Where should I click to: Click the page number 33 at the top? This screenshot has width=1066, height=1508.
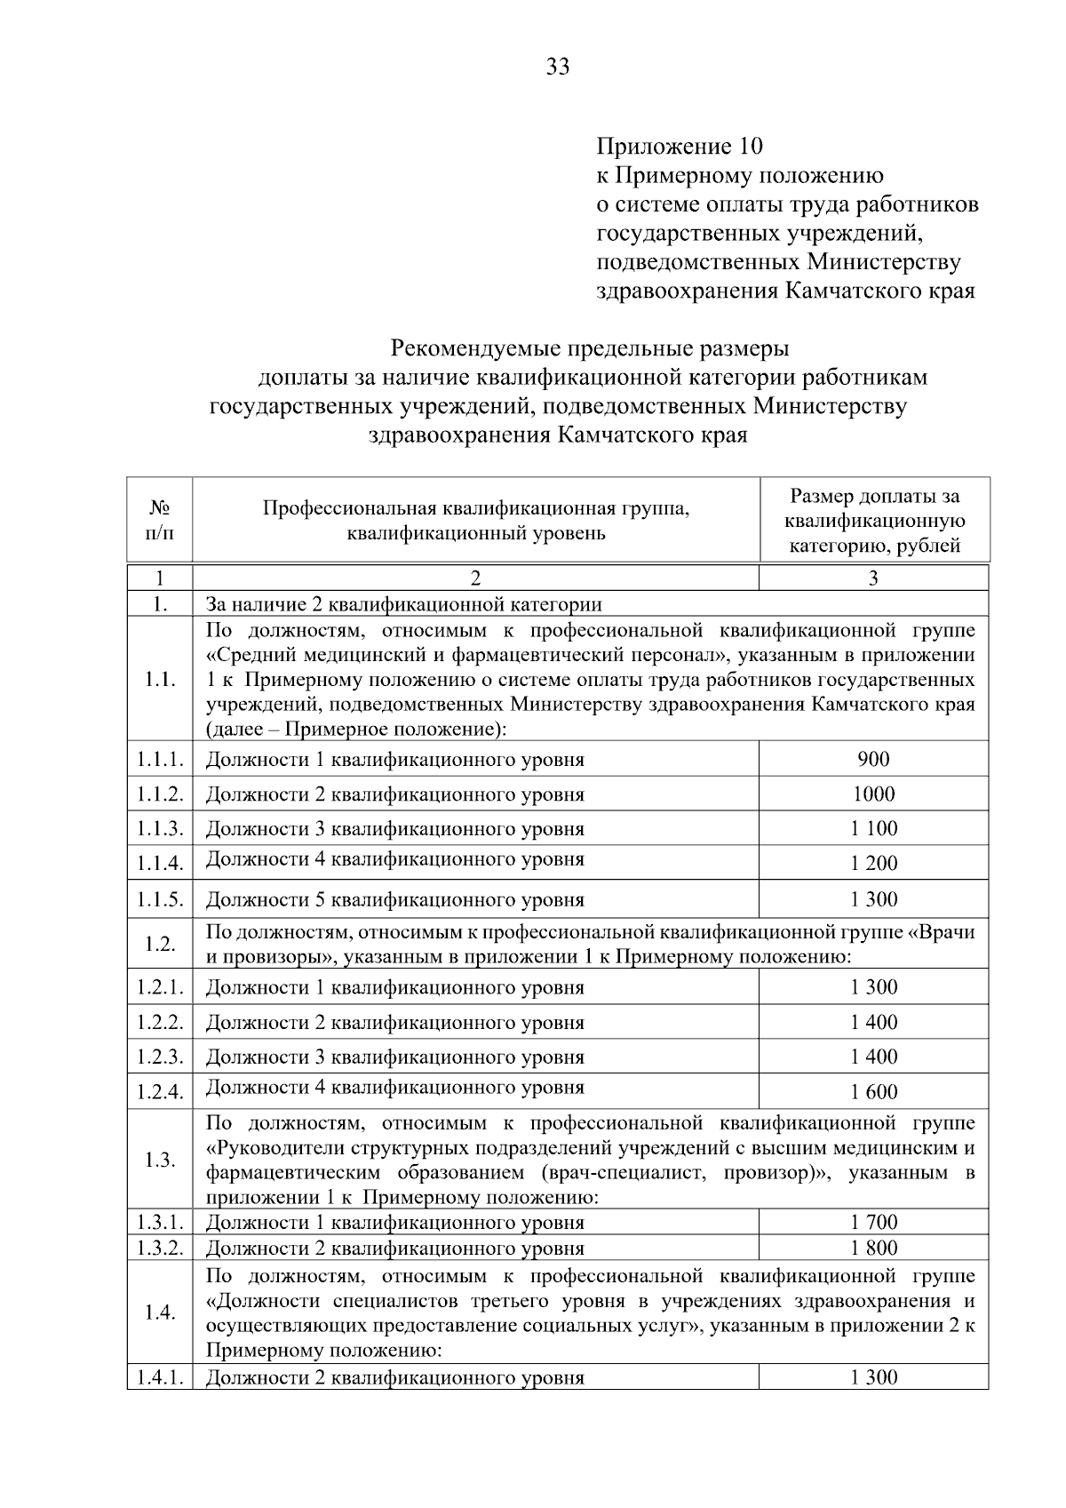pos(558,67)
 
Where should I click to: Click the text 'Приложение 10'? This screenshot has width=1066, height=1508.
pos(679,146)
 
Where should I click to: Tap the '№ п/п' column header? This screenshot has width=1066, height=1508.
pos(160,520)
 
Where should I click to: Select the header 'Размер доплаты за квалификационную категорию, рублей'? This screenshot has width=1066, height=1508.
pos(875,521)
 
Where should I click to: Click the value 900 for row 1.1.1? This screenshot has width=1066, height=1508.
pos(873,759)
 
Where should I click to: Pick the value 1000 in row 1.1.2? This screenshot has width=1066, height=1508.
pos(873,794)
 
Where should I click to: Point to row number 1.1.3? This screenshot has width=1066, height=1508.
pos(160,828)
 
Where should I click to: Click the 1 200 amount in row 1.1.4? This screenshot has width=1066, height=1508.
pos(873,863)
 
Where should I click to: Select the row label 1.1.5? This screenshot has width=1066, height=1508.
pos(160,899)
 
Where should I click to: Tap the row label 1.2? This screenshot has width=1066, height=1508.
pos(160,944)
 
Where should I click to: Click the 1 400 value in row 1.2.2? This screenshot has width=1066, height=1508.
pos(873,1022)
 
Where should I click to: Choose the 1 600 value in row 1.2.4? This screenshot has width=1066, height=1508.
pos(873,1092)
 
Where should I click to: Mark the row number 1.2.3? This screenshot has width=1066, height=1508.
pos(160,1057)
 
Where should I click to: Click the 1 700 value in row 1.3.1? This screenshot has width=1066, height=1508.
pos(873,1223)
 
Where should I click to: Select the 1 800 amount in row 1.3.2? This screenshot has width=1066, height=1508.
pos(873,1248)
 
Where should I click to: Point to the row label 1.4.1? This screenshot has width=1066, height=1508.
pos(160,1377)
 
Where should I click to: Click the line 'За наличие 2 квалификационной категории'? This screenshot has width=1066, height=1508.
pos(404,605)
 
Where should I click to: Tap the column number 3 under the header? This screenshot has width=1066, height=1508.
pos(873,578)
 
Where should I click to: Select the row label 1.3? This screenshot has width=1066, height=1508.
pos(160,1160)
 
